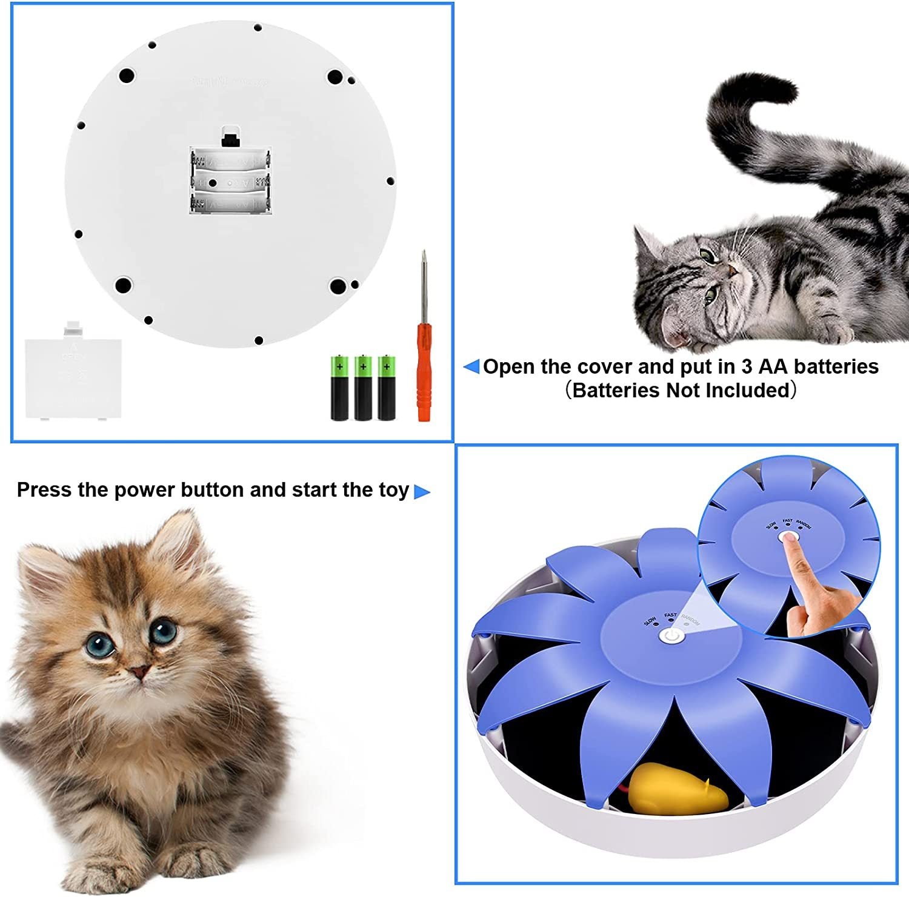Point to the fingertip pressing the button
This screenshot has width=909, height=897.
point(789,538)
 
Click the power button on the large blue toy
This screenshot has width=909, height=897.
point(671,636)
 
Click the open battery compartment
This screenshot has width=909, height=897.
point(230,180)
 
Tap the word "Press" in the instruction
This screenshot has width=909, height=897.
point(44,489)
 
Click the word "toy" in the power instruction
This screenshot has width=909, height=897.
point(394,489)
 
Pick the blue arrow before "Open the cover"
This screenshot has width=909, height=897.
point(471,366)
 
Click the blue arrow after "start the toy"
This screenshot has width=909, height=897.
point(422,492)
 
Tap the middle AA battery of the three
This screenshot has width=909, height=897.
point(363,388)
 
